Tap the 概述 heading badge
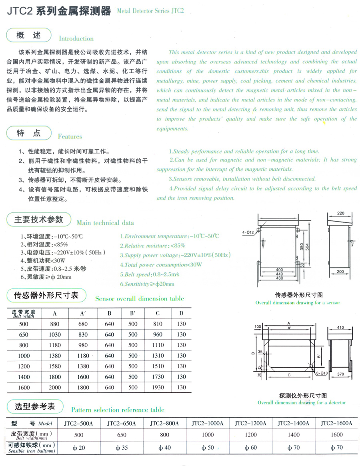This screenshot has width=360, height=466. coord(29,35)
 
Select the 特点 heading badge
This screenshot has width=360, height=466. coord(29,133)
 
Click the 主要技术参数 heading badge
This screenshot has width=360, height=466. coord(39,219)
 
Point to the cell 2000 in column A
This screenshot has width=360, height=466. coord(55,387)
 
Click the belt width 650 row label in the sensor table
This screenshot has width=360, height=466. coord(24,334)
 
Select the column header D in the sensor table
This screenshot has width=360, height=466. coord(181,313)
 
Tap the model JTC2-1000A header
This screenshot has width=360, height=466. coord(208,423)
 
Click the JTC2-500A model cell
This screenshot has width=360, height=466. coord(79,423)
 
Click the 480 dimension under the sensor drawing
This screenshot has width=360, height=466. coord(280,278)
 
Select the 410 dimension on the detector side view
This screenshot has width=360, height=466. coord(341,327)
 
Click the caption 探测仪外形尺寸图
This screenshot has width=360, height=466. coord(302,396)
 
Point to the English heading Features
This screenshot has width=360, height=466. coord(70,136)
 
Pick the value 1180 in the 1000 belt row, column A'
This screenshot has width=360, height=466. coord(83,356)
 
